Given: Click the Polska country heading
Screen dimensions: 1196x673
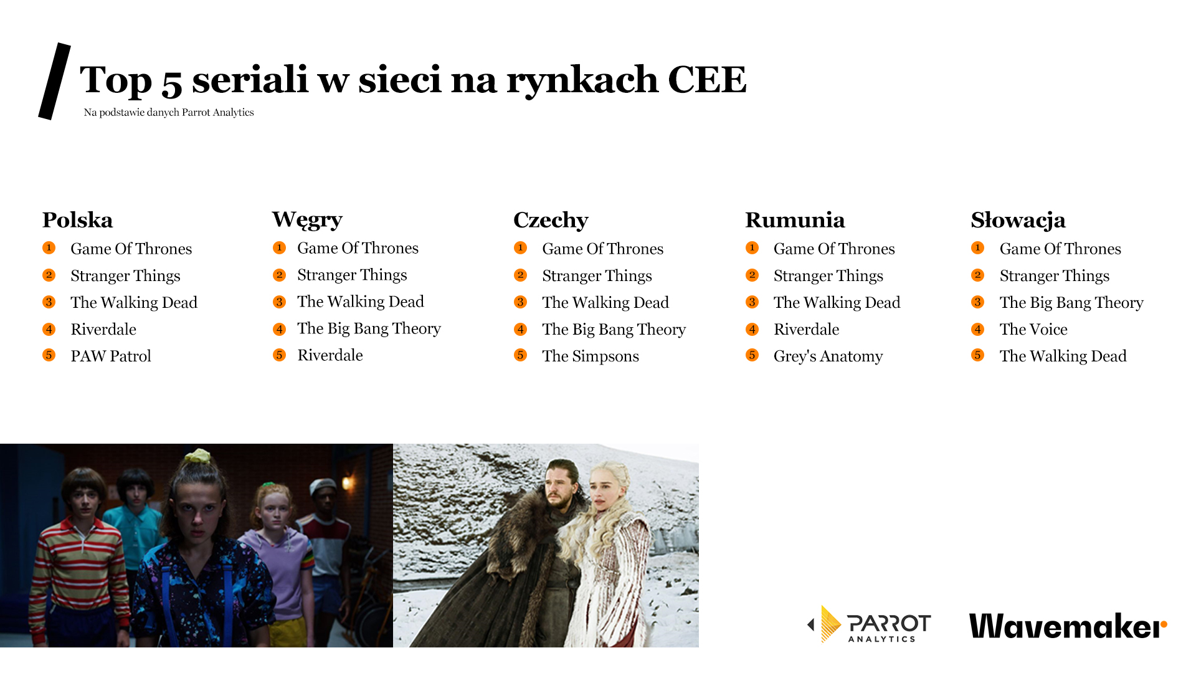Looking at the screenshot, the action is pyautogui.click(x=77, y=220).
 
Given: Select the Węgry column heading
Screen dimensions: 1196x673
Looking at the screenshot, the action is pyautogui.click(x=307, y=220).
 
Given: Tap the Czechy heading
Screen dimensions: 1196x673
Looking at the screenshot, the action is pyautogui.click(x=551, y=221).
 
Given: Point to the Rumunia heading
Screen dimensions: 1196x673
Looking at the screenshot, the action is pyautogui.click(x=795, y=220).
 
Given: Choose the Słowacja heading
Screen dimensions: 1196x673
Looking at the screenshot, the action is pyautogui.click(x=1018, y=220).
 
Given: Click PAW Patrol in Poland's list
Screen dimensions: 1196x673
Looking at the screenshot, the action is pyautogui.click(x=111, y=356).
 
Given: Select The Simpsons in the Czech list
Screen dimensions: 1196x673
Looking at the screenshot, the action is pyautogui.click(x=591, y=356).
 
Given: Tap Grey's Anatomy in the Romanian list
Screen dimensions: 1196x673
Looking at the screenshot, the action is pyautogui.click(x=828, y=356).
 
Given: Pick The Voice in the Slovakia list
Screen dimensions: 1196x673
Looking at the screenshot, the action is pyautogui.click(x=1033, y=329).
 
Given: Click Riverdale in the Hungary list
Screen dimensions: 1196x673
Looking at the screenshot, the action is pyautogui.click(x=330, y=355).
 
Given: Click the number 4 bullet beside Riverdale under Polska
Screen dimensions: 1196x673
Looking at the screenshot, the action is pyautogui.click(x=49, y=329).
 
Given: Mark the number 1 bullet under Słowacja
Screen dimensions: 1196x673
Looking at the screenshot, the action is pyautogui.click(x=978, y=248).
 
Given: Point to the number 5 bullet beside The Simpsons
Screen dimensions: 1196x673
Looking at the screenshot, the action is pyautogui.click(x=521, y=355).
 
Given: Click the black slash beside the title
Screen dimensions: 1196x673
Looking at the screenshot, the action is pyautogui.click(x=55, y=81).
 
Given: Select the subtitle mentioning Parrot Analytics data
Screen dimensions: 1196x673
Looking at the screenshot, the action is pyautogui.click(x=169, y=112).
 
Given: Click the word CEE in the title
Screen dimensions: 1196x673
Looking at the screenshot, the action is pyautogui.click(x=707, y=80).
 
